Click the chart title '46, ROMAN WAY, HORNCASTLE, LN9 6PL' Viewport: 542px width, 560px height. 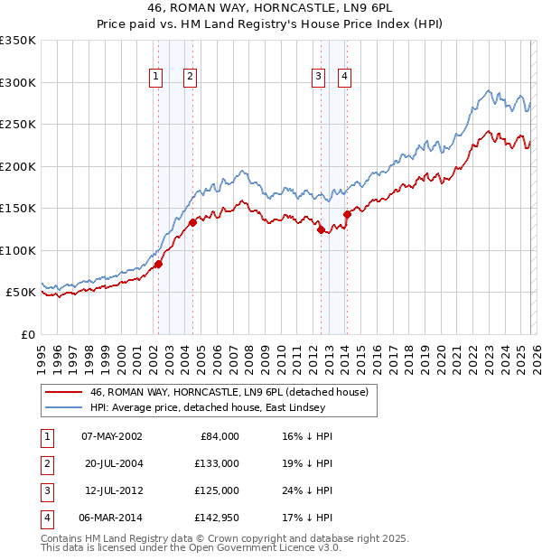point(270,8)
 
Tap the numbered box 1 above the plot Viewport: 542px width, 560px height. point(156,78)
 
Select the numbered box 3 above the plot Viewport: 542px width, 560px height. point(319,78)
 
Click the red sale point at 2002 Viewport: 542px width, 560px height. point(158,264)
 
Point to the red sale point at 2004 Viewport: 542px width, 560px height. point(193,222)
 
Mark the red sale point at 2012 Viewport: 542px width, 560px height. point(321,229)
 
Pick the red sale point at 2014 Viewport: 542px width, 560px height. point(347,214)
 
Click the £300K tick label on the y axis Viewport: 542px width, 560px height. point(18,82)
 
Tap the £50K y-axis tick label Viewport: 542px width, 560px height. point(22,293)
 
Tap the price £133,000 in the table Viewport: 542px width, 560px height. point(217,463)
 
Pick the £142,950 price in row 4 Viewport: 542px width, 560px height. point(217,518)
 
